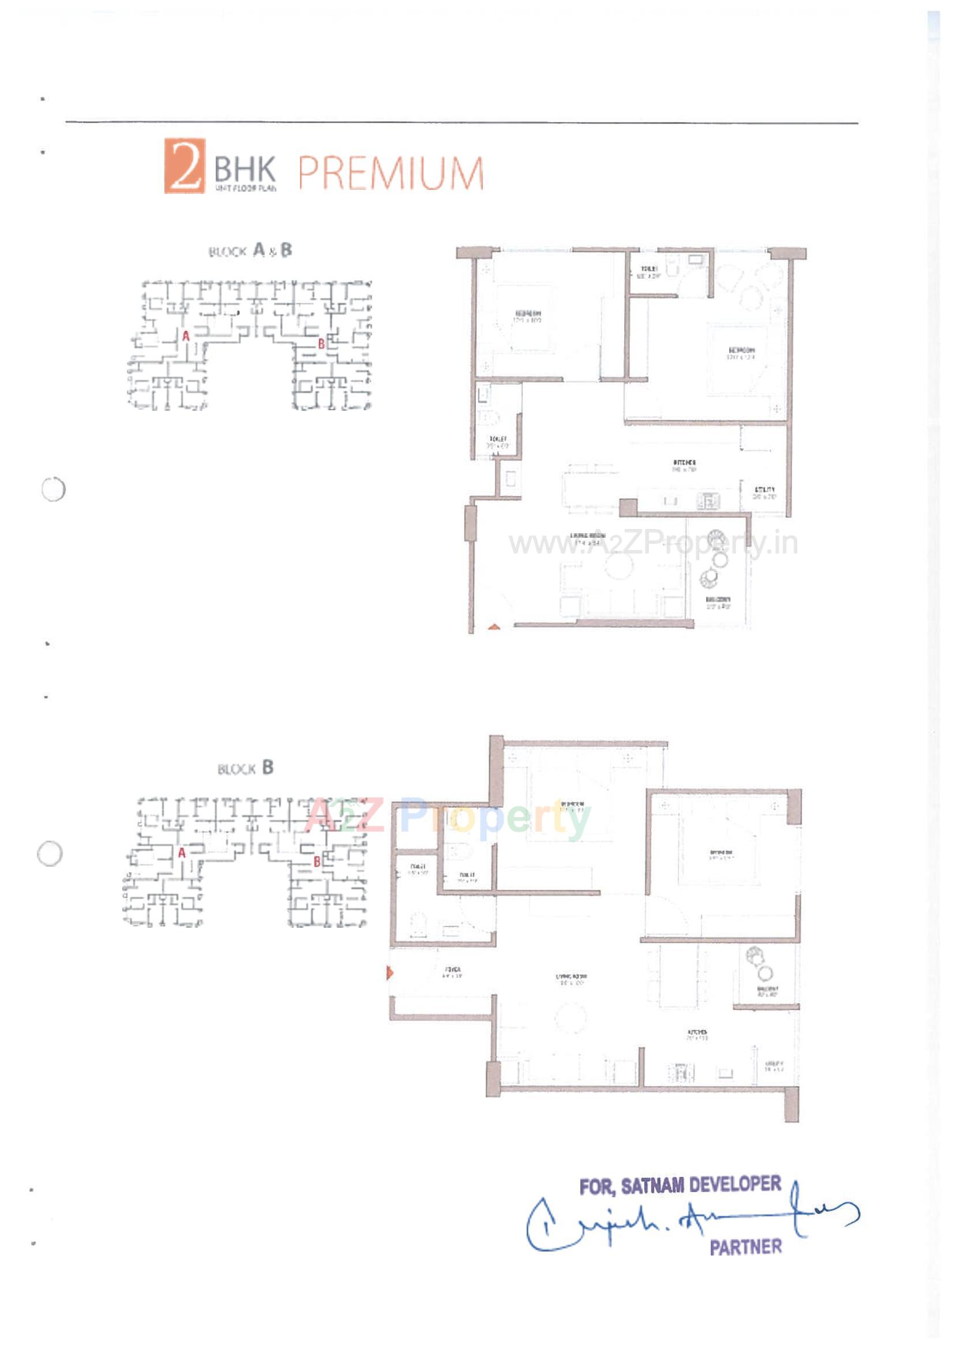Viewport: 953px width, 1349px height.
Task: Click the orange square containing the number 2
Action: tap(185, 165)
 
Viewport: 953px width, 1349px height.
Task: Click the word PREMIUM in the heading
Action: tap(391, 173)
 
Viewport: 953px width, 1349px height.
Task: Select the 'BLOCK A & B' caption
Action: tap(250, 251)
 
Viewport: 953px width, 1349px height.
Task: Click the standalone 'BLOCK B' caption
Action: tap(246, 768)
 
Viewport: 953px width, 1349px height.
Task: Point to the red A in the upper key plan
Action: tap(186, 336)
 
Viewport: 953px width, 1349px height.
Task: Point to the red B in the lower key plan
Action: tap(317, 862)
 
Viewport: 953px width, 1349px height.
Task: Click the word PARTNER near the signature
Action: tap(745, 1246)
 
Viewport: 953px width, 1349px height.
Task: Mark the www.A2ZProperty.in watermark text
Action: tap(653, 544)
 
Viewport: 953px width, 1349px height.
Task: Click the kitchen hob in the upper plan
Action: tap(708, 501)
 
